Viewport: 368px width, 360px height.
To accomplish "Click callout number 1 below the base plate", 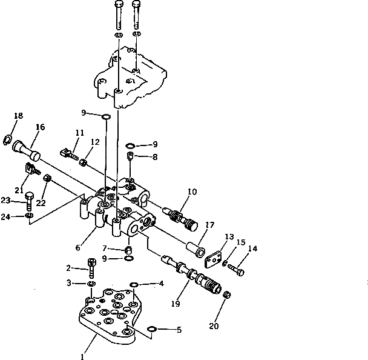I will (x=82, y=357).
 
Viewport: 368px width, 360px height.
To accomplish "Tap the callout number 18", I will (x=18, y=116).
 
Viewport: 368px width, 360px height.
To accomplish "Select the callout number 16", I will (x=41, y=127).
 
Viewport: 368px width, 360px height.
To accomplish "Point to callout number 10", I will (x=192, y=192).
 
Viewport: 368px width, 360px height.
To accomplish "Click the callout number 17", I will (x=209, y=224).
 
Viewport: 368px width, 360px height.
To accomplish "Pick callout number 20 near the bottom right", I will (x=214, y=325).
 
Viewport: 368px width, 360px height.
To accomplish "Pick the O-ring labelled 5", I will (x=153, y=329).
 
